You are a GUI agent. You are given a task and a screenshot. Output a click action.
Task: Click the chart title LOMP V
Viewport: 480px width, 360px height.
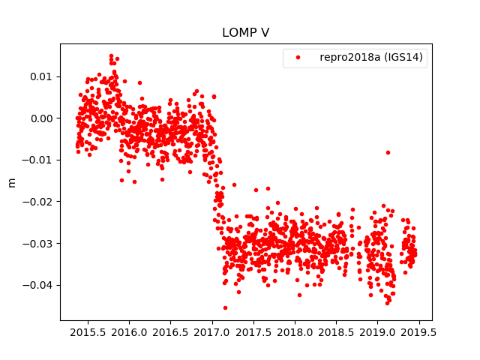point(245,33)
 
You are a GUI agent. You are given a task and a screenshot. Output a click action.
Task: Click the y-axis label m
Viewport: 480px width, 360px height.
point(11,182)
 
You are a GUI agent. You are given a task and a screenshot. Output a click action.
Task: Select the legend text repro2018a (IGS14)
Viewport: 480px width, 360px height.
point(373,58)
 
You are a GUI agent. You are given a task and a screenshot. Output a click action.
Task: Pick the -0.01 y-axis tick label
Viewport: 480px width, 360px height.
point(37,160)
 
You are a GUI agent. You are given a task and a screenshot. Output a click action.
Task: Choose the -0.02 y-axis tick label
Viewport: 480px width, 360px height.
point(37,202)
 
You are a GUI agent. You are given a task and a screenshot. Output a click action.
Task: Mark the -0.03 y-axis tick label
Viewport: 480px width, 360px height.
point(37,244)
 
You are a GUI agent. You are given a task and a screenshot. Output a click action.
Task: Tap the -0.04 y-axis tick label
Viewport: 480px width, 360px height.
point(37,285)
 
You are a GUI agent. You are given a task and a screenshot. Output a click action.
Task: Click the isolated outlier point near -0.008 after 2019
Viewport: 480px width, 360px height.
point(388,152)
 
